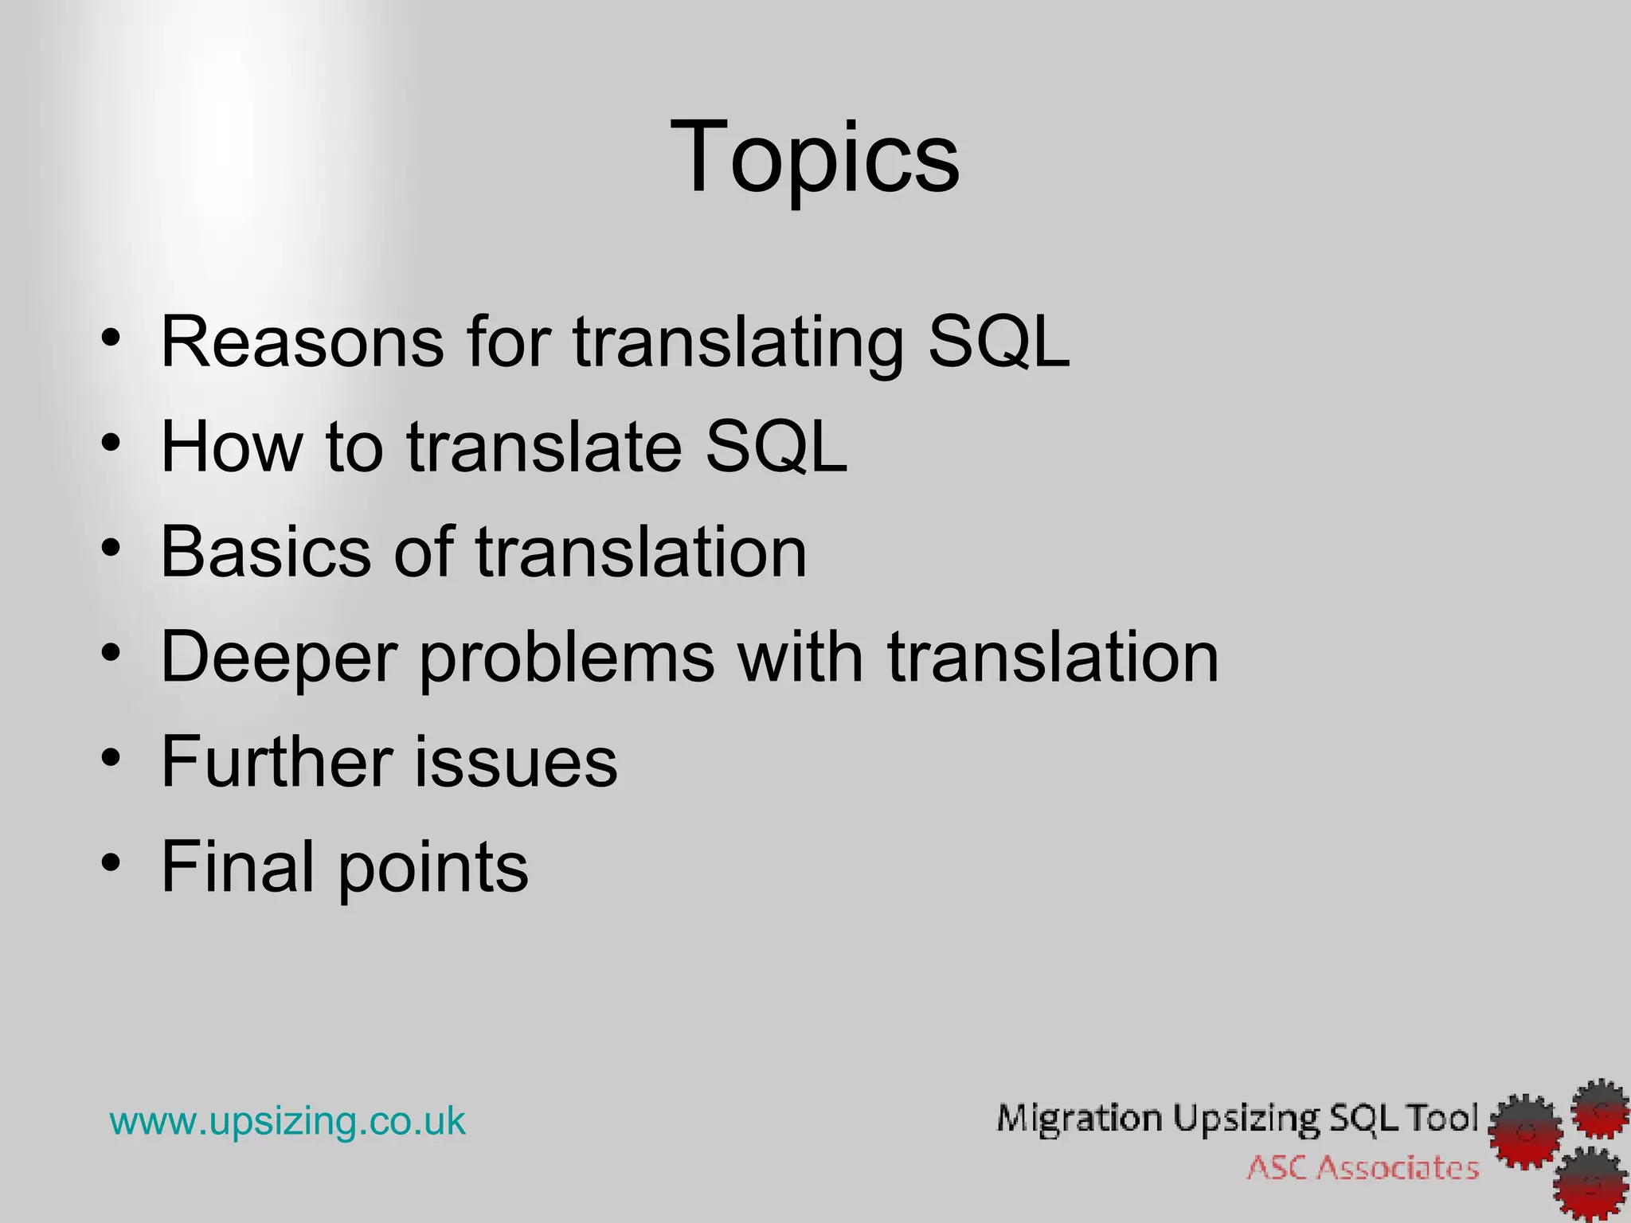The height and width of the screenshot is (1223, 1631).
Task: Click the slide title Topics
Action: pyautogui.click(x=815, y=157)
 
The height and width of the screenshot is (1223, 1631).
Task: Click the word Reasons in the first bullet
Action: pyautogui.click(x=302, y=342)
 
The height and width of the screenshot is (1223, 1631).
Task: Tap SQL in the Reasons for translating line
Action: pyautogui.click(x=999, y=342)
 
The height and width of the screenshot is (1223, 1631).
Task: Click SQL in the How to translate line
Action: pyautogui.click(x=776, y=447)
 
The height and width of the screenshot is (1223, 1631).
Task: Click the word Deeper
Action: pyautogui.click(x=279, y=658)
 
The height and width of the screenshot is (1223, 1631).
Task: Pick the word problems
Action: pyautogui.click(x=567, y=658)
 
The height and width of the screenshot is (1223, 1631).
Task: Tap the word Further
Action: pyautogui.click(x=276, y=762)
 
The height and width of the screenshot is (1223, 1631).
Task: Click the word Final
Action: pyautogui.click(x=237, y=867)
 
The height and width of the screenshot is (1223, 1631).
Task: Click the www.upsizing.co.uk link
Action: pyautogui.click(x=287, y=1121)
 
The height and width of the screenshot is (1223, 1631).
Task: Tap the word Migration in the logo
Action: pyautogui.click(x=1079, y=1119)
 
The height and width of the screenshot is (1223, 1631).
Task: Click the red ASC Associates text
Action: pyautogui.click(x=1363, y=1168)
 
